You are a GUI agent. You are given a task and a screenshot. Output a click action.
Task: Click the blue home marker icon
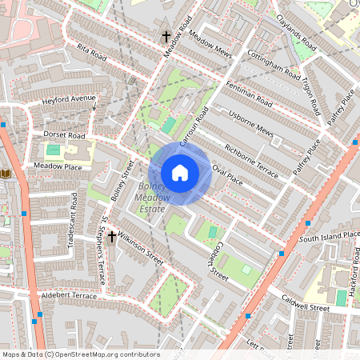(179, 173)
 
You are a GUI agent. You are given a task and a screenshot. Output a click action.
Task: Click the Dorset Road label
(65, 135)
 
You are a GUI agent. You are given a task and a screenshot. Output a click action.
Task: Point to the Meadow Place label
(58, 166)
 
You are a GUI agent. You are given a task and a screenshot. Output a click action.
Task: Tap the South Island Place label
(330, 236)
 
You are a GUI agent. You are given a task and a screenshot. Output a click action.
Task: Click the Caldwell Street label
(306, 302)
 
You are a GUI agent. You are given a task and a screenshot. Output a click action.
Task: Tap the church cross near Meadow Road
(166, 37)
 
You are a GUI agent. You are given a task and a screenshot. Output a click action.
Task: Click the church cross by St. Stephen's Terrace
(111, 236)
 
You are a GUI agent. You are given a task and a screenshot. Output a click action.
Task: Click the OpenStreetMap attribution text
(81, 354)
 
